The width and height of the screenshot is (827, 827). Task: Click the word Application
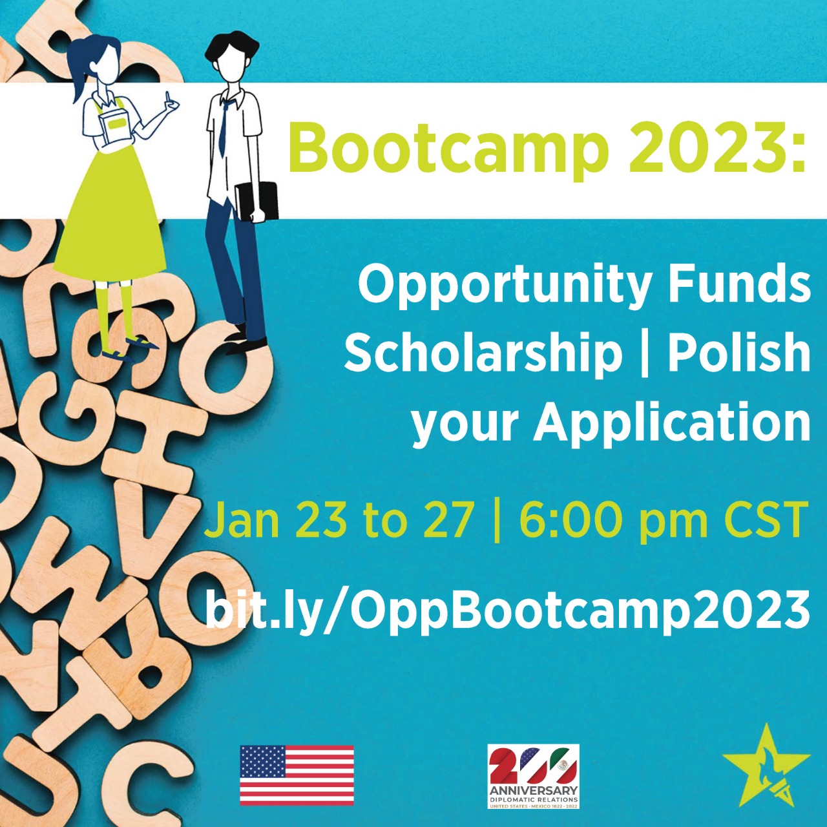[x=671, y=425]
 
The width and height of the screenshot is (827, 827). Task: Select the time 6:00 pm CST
[x=661, y=522]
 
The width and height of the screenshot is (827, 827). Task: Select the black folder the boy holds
[x=256, y=202]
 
